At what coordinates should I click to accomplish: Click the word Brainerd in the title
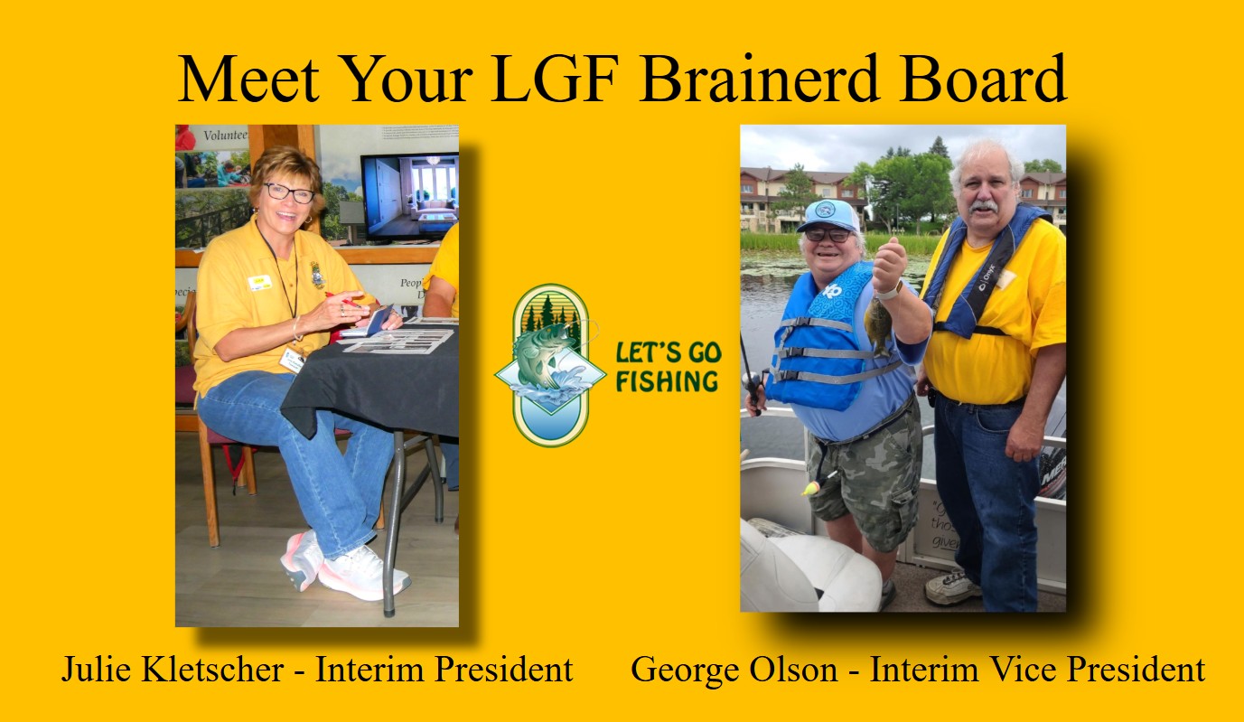(759, 79)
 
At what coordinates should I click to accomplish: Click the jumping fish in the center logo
(541, 355)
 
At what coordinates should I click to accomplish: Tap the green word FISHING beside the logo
(667, 382)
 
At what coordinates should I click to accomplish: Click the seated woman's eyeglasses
(289, 192)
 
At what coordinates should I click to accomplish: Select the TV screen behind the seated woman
(410, 196)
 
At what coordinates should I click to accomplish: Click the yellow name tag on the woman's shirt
(259, 283)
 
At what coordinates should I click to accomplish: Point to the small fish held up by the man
(878, 326)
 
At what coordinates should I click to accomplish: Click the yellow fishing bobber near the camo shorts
(812, 487)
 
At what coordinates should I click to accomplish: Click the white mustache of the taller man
(982, 207)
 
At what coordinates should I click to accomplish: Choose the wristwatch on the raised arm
(893, 290)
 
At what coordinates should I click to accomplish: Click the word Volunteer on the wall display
(226, 135)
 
